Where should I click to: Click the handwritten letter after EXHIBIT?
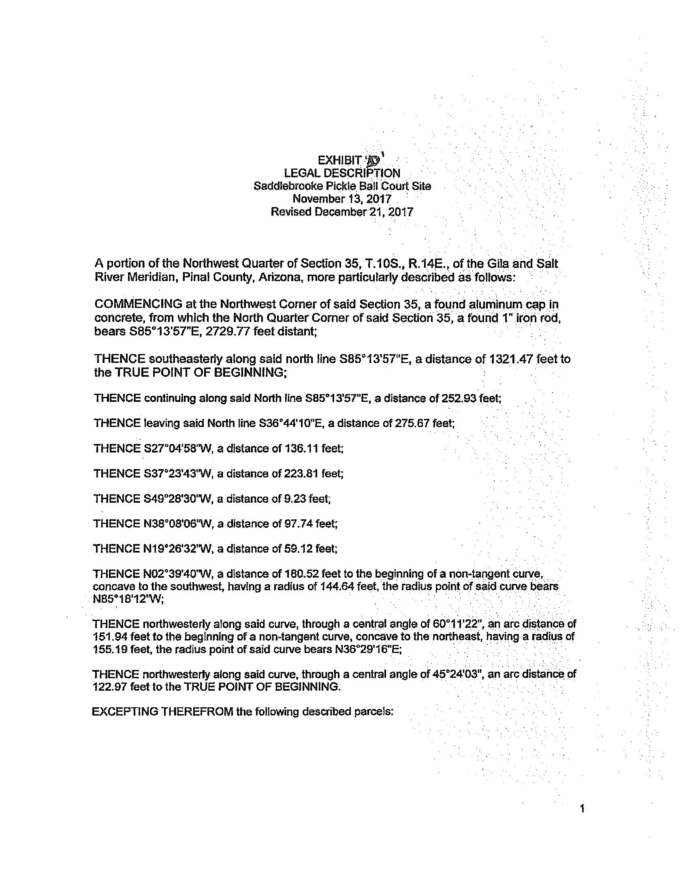click(x=373, y=160)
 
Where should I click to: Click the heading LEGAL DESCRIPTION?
click(x=341, y=173)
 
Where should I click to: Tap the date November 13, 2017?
click(x=341, y=199)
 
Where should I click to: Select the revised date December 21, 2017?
click(x=364, y=212)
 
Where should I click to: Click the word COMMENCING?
click(x=138, y=304)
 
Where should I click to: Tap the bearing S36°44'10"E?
click(x=290, y=423)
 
